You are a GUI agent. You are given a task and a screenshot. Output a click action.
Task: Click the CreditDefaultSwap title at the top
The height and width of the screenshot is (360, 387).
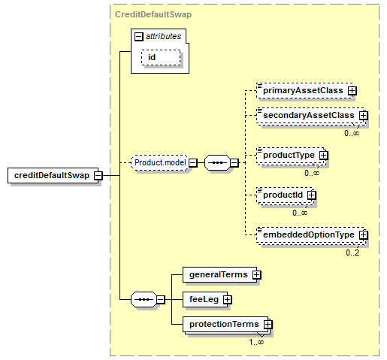(153, 14)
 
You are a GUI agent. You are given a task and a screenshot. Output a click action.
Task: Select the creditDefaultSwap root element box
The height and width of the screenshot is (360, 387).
(53, 175)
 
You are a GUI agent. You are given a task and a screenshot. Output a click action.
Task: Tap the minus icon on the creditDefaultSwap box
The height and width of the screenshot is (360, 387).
(98, 175)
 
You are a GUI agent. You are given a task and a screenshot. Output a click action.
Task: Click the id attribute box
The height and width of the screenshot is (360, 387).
(161, 58)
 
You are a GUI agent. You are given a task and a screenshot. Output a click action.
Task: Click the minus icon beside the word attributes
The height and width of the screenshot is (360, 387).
(139, 37)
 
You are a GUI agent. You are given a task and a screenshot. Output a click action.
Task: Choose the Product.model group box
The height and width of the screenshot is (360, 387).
(160, 163)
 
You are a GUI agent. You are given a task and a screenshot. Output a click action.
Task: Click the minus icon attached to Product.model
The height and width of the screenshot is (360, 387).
(193, 163)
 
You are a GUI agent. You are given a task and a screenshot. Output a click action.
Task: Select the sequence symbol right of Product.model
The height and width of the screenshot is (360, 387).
(217, 163)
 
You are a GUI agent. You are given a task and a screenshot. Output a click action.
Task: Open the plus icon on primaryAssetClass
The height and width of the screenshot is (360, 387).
(352, 90)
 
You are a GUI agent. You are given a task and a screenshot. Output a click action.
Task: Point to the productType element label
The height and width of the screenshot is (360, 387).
(289, 155)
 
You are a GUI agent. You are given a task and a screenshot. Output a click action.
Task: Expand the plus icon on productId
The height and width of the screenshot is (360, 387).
(311, 195)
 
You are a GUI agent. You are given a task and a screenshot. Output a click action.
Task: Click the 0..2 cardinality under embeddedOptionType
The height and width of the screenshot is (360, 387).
(352, 253)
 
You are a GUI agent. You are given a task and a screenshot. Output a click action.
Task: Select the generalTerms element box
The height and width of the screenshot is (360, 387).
(219, 275)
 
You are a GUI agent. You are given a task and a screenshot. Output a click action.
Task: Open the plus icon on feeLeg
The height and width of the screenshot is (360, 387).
(227, 300)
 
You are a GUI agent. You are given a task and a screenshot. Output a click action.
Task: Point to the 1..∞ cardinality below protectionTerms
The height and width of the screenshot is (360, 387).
(256, 342)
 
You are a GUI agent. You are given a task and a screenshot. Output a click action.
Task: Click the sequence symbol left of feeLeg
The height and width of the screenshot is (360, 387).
(144, 300)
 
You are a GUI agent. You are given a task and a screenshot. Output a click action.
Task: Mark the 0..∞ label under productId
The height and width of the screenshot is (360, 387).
(300, 213)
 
